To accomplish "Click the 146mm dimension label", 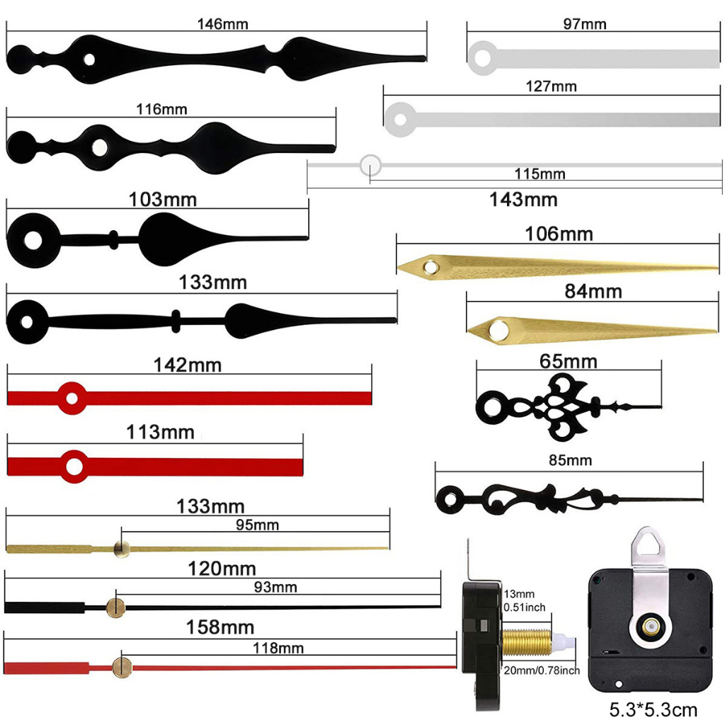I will [x=222, y=24].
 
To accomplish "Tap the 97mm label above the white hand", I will [x=584, y=24].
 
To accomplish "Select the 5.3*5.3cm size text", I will [x=653, y=709].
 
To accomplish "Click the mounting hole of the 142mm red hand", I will [x=71, y=398].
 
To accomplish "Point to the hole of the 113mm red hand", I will [x=72, y=466].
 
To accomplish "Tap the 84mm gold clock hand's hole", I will [x=500, y=329].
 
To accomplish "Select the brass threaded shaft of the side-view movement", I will [x=527, y=642].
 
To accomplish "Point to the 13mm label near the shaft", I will [x=519, y=593].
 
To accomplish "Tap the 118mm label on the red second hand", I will [x=278, y=648].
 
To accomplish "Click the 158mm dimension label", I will [x=220, y=627].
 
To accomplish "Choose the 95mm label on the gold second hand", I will [x=256, y=525].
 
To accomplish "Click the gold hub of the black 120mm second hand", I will [x=115, y=607].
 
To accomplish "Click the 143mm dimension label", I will [x=523, y=200].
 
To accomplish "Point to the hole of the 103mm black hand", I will [x=33, y=239].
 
